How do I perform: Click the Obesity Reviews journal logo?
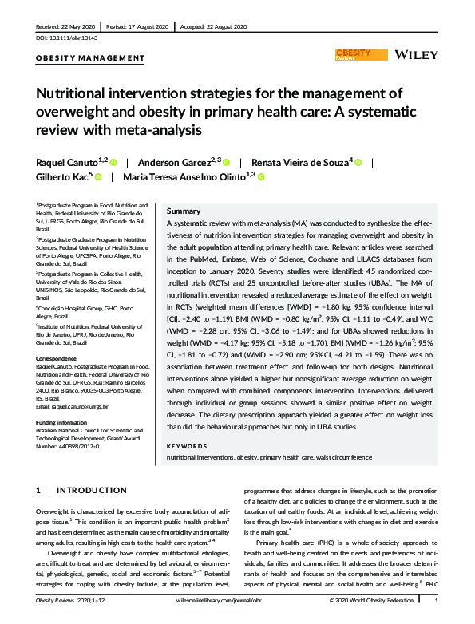354,54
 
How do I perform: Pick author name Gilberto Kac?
63,177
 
